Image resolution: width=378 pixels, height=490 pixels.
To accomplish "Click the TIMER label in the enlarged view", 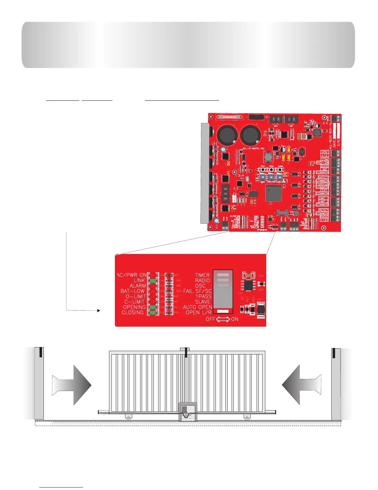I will click(x=202, y=275).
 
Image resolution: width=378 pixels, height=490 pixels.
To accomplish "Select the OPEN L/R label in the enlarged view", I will click(x=199, y=312).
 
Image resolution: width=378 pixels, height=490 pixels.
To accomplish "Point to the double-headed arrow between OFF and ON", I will click(x=223, y=319).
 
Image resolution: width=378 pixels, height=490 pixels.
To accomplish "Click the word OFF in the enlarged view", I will click(x=210, y=319).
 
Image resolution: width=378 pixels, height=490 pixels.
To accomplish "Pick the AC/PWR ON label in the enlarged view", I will click(x=132, y=275).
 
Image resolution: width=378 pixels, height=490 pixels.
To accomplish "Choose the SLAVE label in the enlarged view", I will click(x=203, y=302).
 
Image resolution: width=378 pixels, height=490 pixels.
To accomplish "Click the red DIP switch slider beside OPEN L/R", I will click(x=223, y=311).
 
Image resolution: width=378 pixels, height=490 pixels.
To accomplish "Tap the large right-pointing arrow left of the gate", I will click(x=72, y=385).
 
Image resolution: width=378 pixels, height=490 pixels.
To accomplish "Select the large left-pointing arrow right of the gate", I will click(x=301, y=385).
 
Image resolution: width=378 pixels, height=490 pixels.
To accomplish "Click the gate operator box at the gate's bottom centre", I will click(x=188, y=411).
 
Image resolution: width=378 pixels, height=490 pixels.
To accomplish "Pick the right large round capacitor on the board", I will click(x=251, y=135).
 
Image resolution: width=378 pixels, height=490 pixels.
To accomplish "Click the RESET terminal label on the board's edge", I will click(x=323, y=210).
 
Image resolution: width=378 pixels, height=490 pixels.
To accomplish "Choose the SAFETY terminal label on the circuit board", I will click(x=323, y=177).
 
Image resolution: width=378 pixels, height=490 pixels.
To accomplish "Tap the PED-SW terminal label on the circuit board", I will click(x=322, y=163).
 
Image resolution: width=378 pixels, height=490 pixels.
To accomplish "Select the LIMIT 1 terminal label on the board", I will click(x=323, y=198).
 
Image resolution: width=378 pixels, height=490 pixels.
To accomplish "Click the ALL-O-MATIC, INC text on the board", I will click(x=254, y=148).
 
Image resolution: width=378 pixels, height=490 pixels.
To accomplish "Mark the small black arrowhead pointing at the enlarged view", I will click(x=99, y=310).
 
